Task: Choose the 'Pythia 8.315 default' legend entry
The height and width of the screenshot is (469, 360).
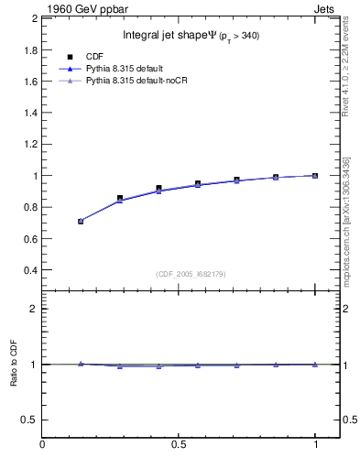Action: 127,69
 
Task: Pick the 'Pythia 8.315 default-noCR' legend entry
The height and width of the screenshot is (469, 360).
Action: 136,82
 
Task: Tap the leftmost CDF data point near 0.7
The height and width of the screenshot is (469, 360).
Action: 81,221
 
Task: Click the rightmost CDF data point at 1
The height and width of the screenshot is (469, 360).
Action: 315,175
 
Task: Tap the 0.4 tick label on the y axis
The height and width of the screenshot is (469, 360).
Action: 29,271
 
